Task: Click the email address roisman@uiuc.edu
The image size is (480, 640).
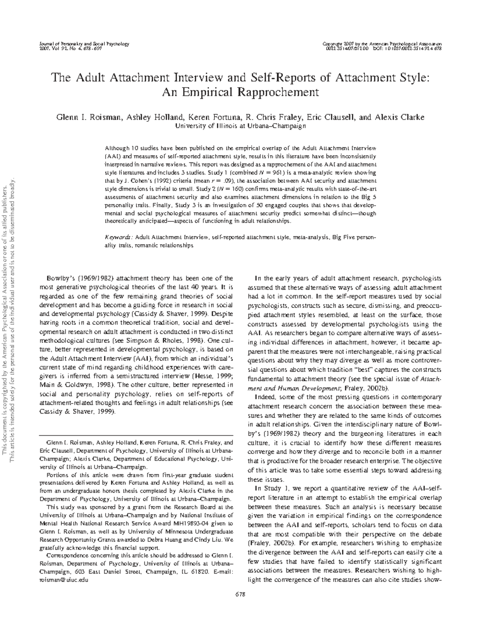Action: tap(61, 580)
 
